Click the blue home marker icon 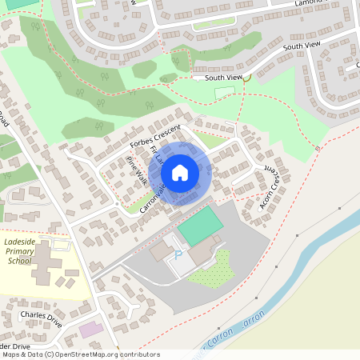tap(180, 172)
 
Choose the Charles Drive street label tap(41, 315)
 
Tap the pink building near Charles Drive tap(91, 329)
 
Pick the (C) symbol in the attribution tap(50, 354)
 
